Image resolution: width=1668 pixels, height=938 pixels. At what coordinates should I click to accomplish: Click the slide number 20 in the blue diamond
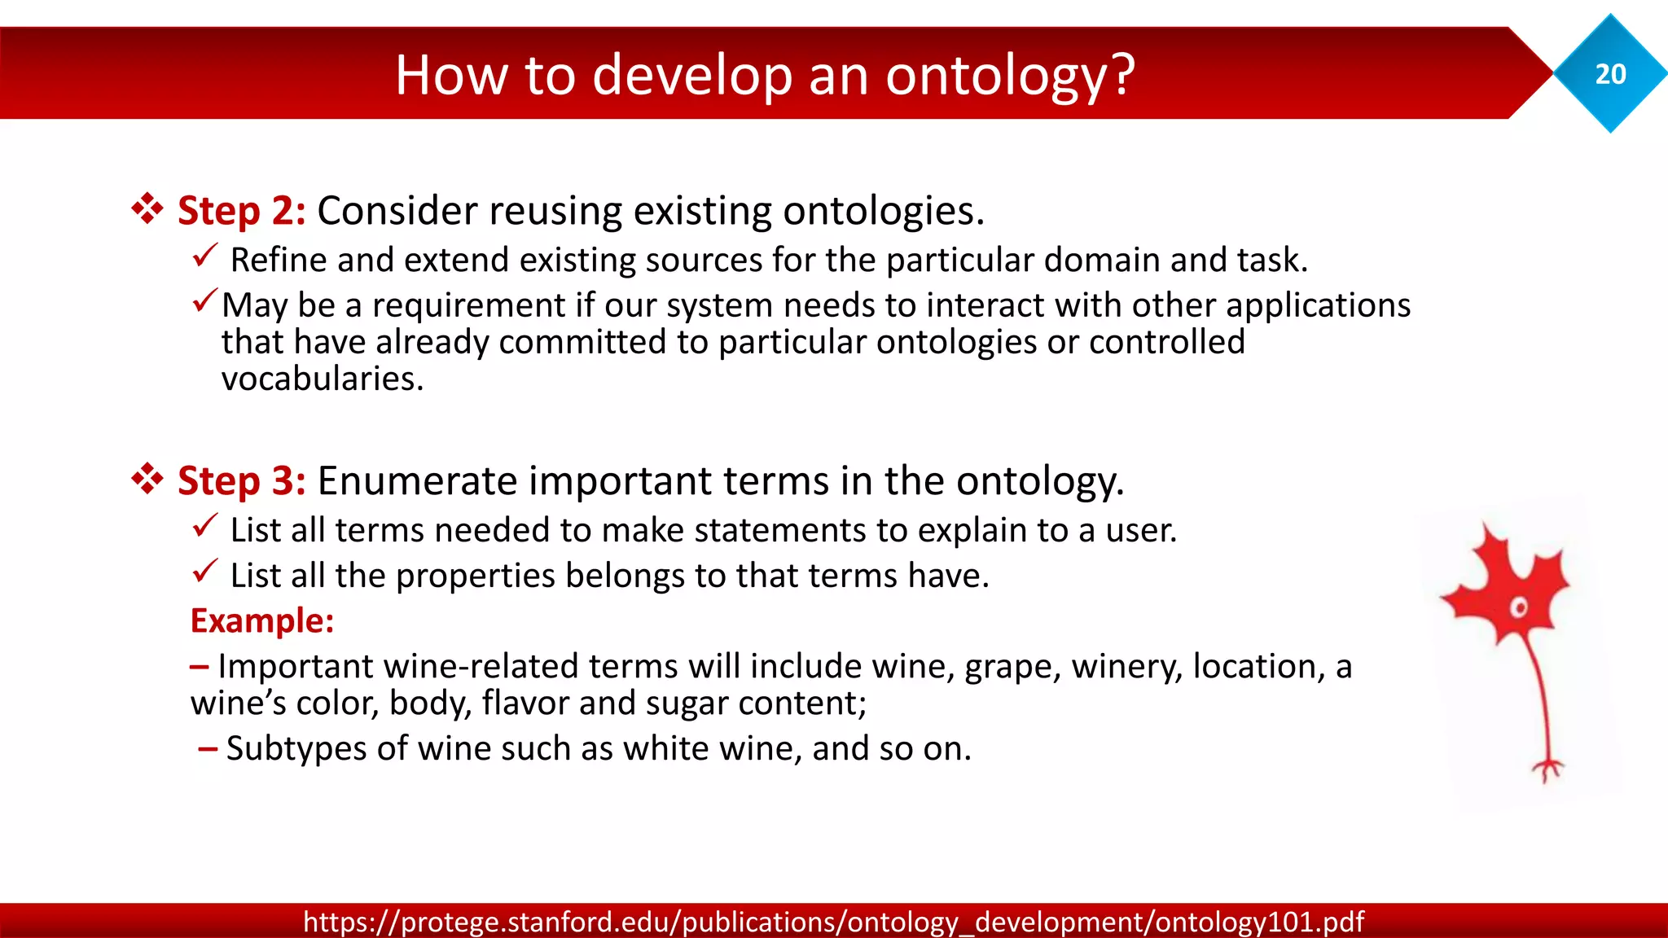1610,74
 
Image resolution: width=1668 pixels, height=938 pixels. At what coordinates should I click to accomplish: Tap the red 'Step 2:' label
242,211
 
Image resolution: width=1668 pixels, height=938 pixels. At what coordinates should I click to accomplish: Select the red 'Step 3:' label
242,481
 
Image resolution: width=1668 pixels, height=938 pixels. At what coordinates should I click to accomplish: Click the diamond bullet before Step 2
147,209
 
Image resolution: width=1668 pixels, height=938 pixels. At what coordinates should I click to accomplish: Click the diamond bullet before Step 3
147,480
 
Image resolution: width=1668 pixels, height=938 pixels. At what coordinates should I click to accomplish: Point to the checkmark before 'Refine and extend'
204,256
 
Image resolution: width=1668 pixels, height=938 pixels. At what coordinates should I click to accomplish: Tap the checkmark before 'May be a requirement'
204,301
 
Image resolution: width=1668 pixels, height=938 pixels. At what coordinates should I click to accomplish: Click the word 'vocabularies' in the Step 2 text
322,379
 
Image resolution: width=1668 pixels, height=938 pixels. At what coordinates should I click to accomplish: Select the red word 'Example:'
262,621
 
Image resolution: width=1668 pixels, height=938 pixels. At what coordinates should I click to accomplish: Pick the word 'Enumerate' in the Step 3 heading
416,481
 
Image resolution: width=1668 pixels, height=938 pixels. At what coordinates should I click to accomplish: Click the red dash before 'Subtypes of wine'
208,748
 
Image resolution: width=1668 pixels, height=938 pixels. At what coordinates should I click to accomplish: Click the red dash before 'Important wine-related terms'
200,667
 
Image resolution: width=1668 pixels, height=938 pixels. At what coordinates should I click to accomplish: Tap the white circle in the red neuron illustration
1518,608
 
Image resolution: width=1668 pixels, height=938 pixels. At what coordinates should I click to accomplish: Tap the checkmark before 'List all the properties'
204,572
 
